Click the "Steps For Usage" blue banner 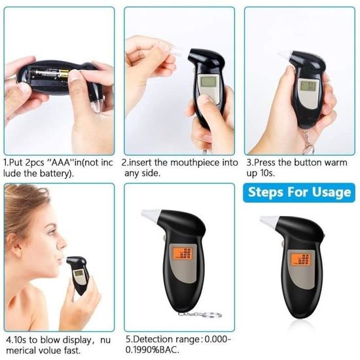point(299,192)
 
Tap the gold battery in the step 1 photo point(63,73)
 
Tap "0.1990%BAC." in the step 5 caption point(153,350)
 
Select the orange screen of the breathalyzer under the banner point(300,260)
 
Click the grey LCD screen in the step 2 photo point(208,82)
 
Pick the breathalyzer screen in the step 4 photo point(79,273)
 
